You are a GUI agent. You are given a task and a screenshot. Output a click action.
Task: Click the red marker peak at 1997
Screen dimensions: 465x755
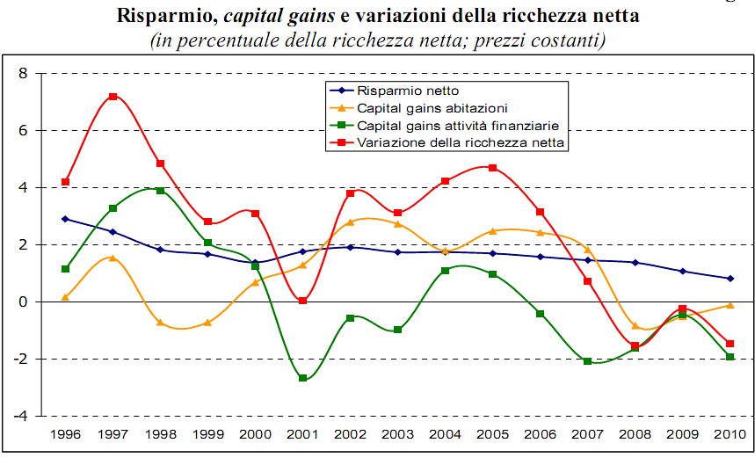click(113, 97)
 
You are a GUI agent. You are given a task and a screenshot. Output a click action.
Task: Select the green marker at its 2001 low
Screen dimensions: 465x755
click(302, 378)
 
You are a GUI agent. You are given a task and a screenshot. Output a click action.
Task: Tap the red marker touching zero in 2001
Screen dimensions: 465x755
click(302, 301)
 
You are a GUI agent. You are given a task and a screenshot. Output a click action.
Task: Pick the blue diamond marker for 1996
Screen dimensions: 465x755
click(65, 219)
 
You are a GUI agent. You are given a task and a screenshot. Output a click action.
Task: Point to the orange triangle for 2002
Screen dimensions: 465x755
click(350, 222)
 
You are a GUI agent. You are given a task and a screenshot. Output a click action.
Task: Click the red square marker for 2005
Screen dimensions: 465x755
click(492, 168)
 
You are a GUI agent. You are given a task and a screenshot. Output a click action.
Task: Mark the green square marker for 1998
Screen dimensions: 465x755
click(160, 191)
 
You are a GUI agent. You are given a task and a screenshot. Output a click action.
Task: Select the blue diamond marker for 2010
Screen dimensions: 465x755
click(730, 279)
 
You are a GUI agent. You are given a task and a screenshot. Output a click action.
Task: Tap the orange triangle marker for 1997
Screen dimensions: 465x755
click(113, 258)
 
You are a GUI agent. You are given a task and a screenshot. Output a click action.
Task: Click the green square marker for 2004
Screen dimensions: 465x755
click(445, 271)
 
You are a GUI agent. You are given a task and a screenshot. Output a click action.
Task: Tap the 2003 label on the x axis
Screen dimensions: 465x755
click(397, 435)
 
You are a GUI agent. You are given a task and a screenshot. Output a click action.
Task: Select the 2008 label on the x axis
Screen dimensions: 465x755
click(635, 435)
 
